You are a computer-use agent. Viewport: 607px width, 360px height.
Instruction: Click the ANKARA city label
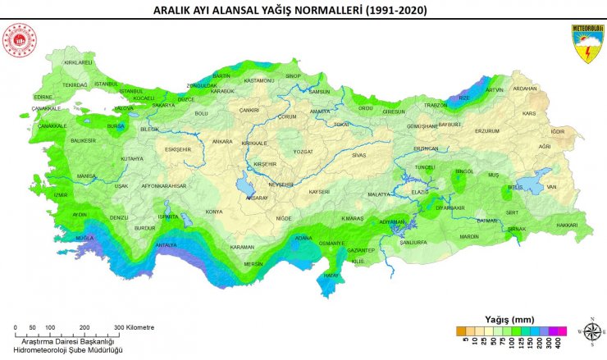coord(222,142)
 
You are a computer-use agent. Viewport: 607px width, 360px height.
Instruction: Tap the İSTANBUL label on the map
coord(107,84)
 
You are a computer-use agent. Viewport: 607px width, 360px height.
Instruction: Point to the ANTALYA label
coord(166,245)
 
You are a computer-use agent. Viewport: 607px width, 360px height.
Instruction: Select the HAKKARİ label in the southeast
coord(568,225)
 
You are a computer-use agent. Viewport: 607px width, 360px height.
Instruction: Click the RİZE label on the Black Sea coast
coord(464,98)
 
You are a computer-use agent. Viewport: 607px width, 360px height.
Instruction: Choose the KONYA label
coord(214,212)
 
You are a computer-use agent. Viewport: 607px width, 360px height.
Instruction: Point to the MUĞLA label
coord(84,238)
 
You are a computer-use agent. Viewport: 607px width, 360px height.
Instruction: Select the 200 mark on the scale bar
coord(84,327)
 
